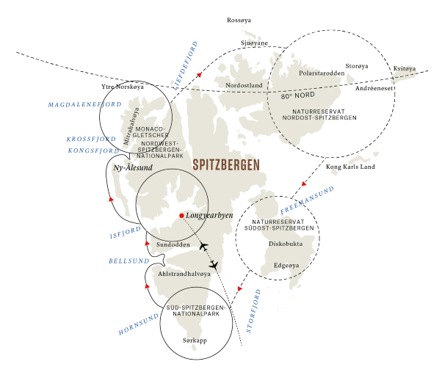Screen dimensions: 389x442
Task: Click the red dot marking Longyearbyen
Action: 181,215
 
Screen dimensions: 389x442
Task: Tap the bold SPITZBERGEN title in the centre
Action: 225,166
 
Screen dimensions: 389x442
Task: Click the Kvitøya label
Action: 405,69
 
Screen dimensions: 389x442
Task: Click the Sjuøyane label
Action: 254,43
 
